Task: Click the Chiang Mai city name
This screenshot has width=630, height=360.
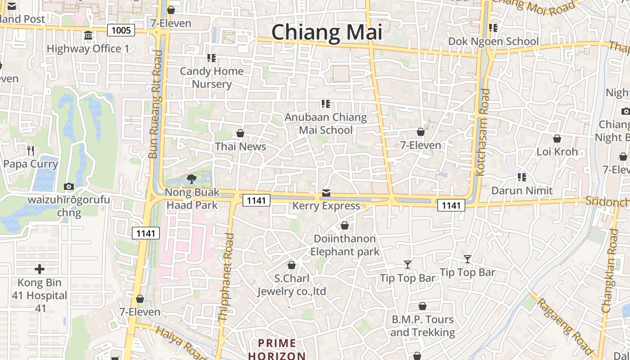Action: tap(327, 32)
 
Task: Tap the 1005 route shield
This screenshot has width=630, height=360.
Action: tap(121, 30)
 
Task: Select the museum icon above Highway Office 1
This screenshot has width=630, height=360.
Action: tap(88, 35)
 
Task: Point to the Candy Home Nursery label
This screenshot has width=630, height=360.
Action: tap(211, 77)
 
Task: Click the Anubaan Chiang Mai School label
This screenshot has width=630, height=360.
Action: tap(326, 124)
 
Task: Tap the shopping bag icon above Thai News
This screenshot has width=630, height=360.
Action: tap(240, 133)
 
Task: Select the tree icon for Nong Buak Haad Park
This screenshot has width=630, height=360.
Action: tap(191, 179)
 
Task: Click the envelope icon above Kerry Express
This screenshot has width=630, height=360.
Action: tap(326, 193)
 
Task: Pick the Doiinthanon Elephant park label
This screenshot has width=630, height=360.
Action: tap(345, 245)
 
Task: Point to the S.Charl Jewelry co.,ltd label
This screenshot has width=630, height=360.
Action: tap(292, 285)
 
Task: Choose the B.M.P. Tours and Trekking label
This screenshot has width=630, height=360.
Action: tap(423, 326)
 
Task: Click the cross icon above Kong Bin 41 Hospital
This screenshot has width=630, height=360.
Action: tap(40, 269)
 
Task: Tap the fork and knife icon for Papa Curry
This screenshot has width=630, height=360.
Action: tap(31, 150)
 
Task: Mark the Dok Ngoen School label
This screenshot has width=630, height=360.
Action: tap(493, 41)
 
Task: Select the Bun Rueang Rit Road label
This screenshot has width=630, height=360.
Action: tap(154, 104)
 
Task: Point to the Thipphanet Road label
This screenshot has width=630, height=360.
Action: tap(226, 277)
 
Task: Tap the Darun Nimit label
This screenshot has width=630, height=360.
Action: tap(522, 190)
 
